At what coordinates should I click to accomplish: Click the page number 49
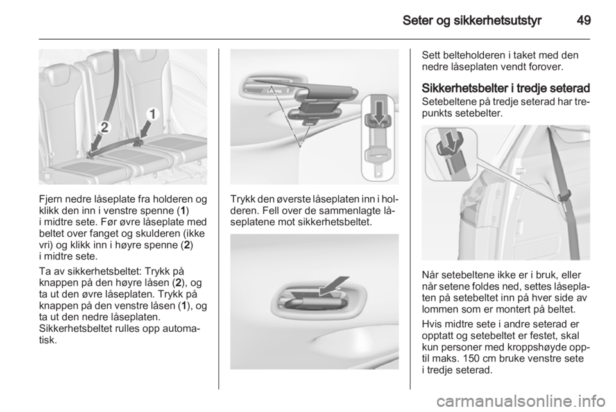coord(583,20)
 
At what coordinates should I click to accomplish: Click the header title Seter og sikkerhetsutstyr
coord(472,21)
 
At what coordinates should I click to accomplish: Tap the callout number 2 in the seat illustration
coord(104,127)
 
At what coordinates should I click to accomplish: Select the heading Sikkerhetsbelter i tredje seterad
coord(506,88)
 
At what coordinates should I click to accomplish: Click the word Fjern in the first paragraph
coord(50,200)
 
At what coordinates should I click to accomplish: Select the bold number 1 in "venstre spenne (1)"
coord(184,211)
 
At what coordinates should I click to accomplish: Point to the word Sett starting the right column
coord(430,55)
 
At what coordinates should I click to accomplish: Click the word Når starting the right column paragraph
coord(430,275)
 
